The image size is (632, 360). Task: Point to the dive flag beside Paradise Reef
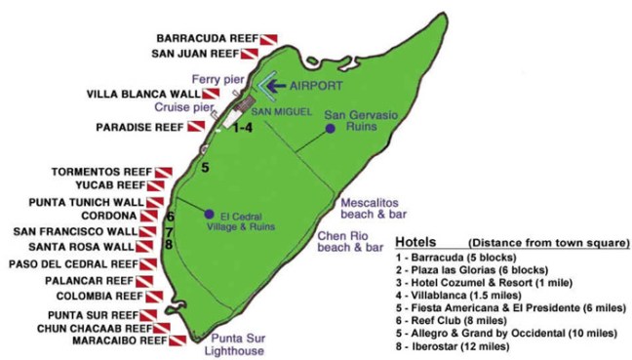pos(195,128)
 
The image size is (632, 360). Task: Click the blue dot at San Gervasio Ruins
pos(330,128)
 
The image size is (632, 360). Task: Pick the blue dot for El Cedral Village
pos(209,214)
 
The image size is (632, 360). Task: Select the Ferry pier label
pos(217,78)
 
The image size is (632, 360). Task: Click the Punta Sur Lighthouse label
pos(235,344)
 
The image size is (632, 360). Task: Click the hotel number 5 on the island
pos(205,168)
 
